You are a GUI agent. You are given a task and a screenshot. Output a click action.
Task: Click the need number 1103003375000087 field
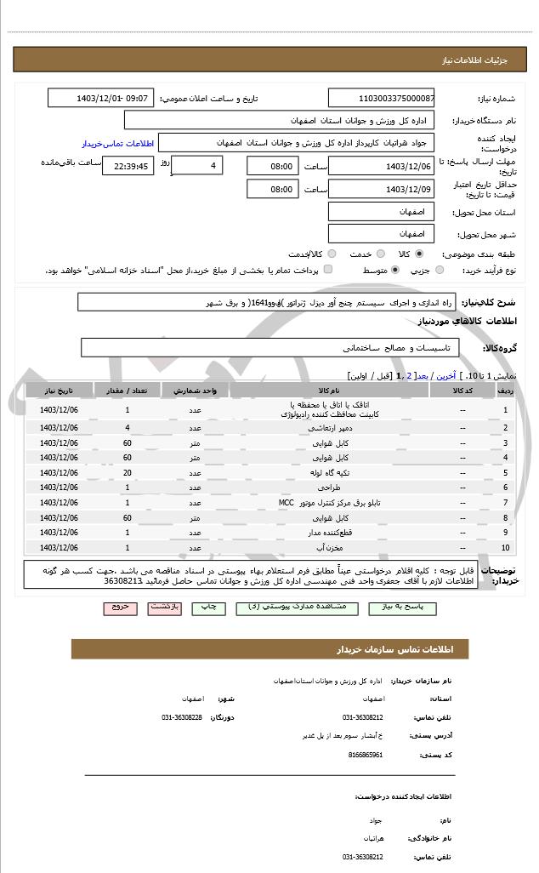382,98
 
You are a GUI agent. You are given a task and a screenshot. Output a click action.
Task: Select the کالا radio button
419,254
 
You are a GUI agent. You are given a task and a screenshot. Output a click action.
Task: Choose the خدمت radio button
380,254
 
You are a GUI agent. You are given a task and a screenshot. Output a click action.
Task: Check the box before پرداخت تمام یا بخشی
328,270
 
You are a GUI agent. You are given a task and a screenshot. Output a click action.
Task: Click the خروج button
119,608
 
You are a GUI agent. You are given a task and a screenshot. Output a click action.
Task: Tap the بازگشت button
164,608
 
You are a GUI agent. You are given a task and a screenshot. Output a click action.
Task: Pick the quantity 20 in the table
128,472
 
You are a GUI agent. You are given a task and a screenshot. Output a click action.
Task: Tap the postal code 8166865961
366,755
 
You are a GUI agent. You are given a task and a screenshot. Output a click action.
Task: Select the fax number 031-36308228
182,717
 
